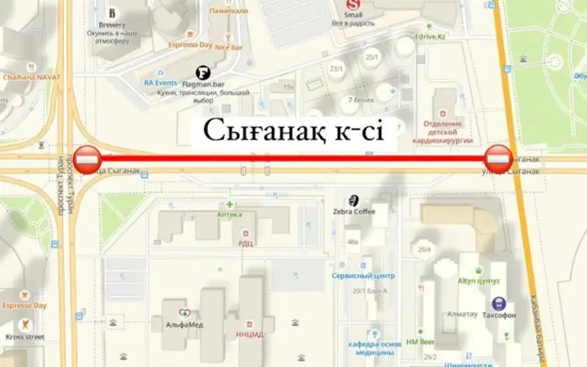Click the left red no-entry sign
(x=87, y=159)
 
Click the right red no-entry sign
(x=499, y=159)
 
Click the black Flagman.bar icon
(x=205, y=73)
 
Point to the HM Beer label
(x=421, y=342)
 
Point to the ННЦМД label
(x=251, y=335)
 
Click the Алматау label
(x=462, y=314)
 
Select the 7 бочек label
(x=360, y=100)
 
